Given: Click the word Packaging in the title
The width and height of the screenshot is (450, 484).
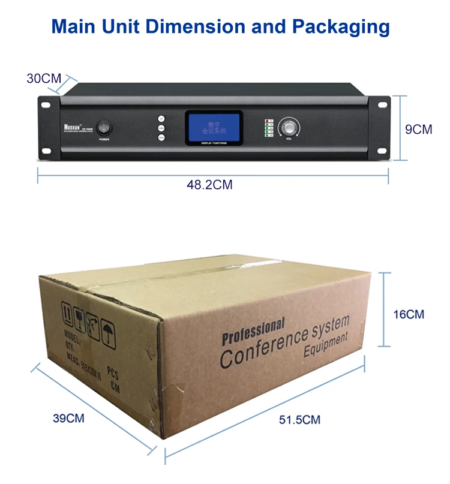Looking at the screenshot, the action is coord(341,27).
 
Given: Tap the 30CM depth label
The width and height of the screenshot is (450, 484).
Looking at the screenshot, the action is coord(44,78).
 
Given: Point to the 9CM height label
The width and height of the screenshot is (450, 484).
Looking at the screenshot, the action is coord(418,129).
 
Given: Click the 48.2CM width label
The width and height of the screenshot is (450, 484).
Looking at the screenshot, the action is coord(209,185).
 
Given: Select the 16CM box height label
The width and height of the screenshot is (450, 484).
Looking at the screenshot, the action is coord(408,314).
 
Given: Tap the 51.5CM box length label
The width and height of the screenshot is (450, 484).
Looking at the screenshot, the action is coord(300,420).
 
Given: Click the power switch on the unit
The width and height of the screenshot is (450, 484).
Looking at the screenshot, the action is coord(104,128).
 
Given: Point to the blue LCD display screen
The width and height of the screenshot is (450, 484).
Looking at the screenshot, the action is coord(214,127).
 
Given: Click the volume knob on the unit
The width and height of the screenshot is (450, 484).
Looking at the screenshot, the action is coord(288,128).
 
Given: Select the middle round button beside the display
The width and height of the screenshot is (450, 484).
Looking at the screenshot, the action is coord(161,128).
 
